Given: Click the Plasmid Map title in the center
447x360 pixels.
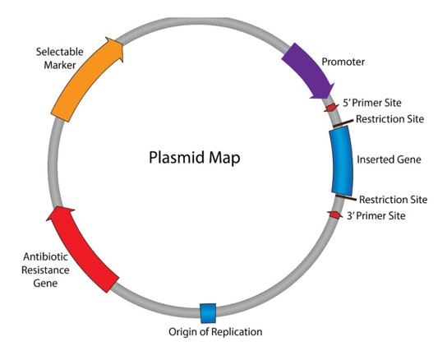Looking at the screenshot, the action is [x=195, y=158].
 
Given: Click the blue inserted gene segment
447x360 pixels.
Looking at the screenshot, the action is [x=342, y=160].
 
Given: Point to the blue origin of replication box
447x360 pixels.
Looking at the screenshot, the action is [x=208, y=313].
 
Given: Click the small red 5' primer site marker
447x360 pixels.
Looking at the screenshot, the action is [x=331, y=108].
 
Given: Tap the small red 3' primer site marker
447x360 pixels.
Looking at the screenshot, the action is [x=335, y=215].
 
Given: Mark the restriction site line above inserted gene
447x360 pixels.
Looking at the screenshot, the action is [x=343, y=123].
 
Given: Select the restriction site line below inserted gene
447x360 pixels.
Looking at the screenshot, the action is [x=346, y=197].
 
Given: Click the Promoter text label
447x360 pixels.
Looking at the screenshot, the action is [x=343, y=62].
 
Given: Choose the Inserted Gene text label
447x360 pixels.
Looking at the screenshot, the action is [x=389, y=159].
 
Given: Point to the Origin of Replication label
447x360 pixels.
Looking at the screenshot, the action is [x=215, y=332].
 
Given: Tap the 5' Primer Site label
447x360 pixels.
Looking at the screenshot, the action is [x=372, y=103].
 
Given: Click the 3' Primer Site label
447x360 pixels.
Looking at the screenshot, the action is [x=376, y=215].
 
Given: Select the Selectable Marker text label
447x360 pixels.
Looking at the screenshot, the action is [x=60, y=58].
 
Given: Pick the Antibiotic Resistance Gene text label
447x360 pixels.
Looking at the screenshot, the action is [x=45, y=270].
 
